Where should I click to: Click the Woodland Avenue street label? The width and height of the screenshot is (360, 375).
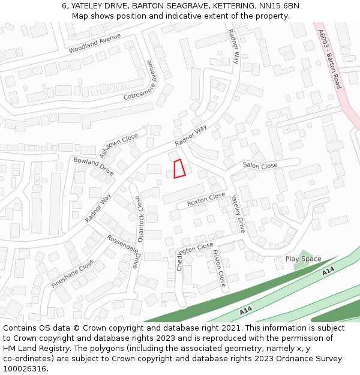point(94,43)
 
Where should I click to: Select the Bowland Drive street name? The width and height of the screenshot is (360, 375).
point(93,166)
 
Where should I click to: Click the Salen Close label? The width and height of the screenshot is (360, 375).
point(260,166)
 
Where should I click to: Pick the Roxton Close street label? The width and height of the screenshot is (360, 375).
point(206,199)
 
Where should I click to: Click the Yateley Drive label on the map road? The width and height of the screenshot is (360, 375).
point(238,214)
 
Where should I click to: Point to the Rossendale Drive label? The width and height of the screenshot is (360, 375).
point(123,250)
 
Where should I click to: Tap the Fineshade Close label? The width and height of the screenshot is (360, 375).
point(73,274)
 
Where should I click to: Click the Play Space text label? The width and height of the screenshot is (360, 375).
point(303,259)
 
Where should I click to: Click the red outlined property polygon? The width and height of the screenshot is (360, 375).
point(179,169)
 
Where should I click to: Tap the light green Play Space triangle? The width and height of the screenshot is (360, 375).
point(304,256)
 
